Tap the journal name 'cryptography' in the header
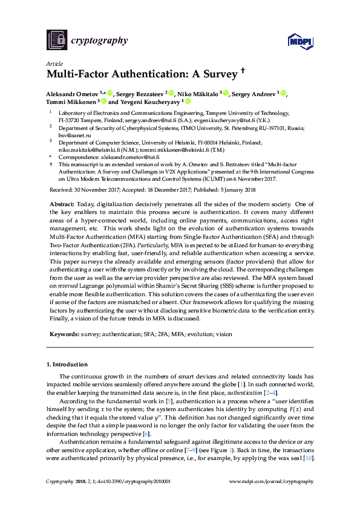click(x=100, y=41)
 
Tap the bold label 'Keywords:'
click(x=63, y=333)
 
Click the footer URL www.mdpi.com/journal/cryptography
click(x=272, y=481)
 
